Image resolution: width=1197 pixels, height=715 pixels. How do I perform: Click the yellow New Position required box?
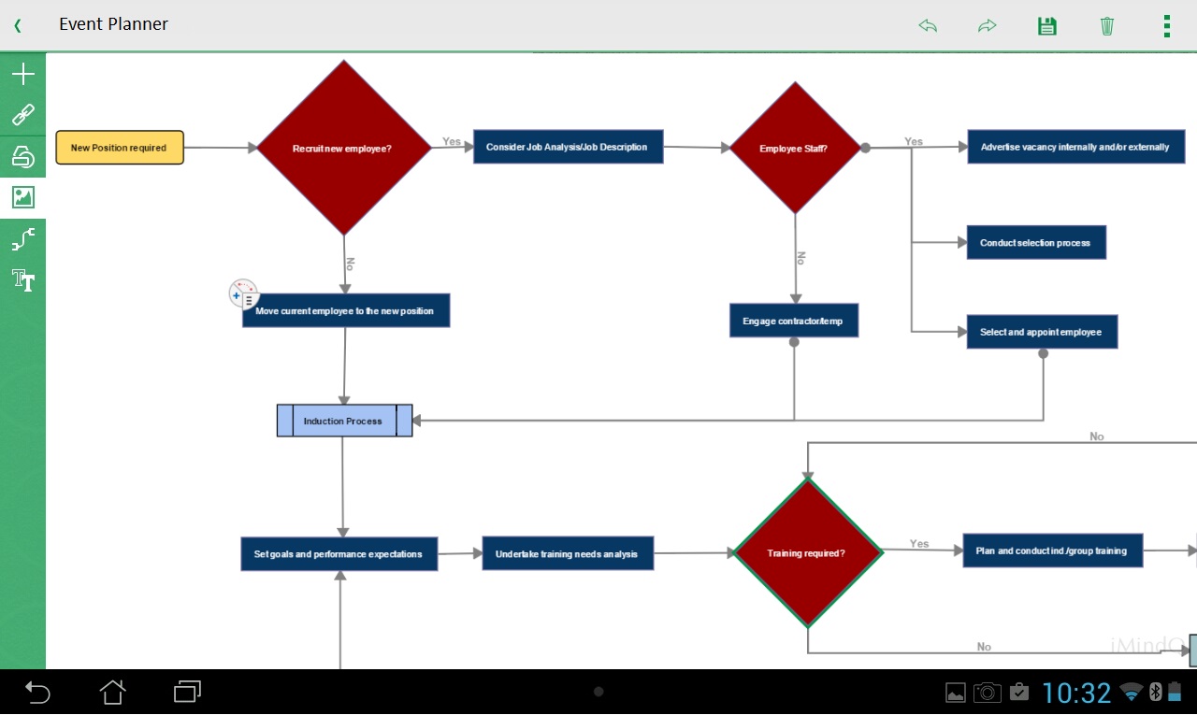[x=120, y=148]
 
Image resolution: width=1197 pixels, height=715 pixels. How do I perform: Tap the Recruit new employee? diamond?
[x=343, y=148]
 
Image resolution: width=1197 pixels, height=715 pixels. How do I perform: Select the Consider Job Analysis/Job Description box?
[x=568, y=147]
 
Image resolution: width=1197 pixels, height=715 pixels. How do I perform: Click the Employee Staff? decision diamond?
[x=795, y=148]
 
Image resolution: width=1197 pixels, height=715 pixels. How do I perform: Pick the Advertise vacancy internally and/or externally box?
[x=1075, y=147]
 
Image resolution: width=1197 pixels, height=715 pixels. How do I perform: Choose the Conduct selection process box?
[x=1036, y=242]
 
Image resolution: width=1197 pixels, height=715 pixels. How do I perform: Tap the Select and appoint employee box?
[x=1042, y=332]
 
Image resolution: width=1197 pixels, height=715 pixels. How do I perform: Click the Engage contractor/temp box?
[x=794, y=321]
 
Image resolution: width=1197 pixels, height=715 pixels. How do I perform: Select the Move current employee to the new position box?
[x=346, y=310]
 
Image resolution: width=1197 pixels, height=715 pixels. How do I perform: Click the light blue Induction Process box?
[x=345, y=421]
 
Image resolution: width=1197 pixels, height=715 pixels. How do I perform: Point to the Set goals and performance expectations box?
[x=339, y=553]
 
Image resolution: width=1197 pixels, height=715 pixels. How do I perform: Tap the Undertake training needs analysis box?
[x=568, y=553]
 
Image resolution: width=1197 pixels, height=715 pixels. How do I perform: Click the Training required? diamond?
[x=808, y=552]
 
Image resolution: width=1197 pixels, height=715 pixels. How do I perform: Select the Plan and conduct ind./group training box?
[x=1053, y=551]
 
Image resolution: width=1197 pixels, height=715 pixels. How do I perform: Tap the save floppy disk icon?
[x=1046, y=25]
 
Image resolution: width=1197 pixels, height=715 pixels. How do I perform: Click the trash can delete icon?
[x=1106, y=25]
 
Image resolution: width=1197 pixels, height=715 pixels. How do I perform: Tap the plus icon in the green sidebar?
[x=23, y=74]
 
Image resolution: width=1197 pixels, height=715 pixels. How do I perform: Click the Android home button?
[x=112, y=692]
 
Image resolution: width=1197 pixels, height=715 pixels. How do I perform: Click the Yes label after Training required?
[x=919, y=543]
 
